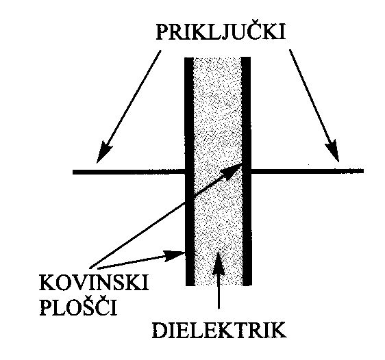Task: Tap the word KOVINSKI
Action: (94, 283)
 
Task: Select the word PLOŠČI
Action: (78, 306)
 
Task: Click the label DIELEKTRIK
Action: (219, 331)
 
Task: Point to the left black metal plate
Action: (190, 172)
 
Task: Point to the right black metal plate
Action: (247, 172)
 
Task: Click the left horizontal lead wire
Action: (129, 172)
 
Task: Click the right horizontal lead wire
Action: (308, 171)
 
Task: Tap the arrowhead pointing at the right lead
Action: (333, 151)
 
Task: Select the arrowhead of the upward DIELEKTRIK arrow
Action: (218, 261)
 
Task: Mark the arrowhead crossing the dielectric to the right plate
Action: (232, 172)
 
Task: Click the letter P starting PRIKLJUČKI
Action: (163, 31)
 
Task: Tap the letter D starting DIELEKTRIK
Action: (160, 331)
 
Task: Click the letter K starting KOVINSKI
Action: (48, 283)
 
